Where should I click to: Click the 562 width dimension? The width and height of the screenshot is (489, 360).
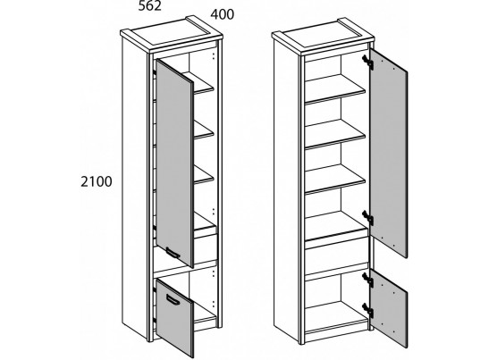[150, 6]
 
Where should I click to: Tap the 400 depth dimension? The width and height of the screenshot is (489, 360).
[222, 14]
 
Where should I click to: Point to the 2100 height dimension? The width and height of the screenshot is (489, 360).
[96, 181]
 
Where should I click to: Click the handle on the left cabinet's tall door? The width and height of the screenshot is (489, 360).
[173, 253]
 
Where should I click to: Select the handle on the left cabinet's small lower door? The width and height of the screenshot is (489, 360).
[173, 299]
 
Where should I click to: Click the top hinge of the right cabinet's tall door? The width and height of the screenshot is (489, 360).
[368, 61]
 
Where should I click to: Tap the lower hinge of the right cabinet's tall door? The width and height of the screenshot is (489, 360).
[368, 217]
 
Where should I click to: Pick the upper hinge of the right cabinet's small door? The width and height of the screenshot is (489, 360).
[368, 279]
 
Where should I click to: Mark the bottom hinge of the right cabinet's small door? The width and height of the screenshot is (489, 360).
[368, 310]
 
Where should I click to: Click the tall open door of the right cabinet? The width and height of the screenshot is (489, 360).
[389, 154]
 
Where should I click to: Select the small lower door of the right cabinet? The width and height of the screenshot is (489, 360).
[389, 308]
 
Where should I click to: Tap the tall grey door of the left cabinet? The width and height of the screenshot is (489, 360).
[174, 163]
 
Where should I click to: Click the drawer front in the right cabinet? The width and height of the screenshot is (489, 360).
[336, 255]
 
